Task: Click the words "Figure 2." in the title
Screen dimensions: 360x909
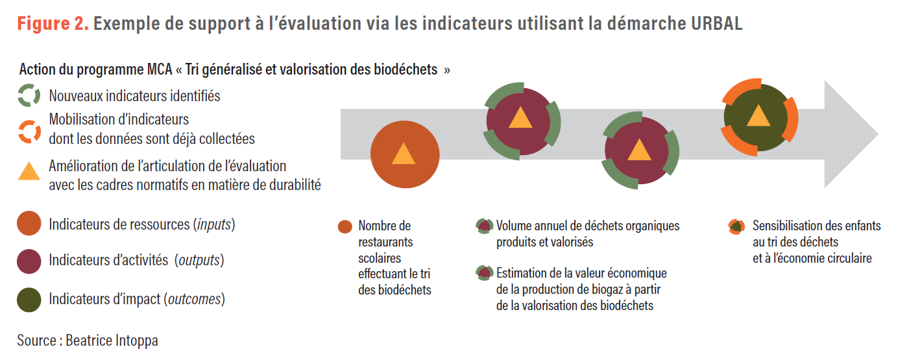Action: click(53, 24)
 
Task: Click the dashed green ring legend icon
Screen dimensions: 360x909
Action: click(29, 96)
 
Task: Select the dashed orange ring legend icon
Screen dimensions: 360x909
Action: click(29, 130)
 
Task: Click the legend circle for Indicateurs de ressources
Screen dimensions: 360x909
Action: click(29, 225)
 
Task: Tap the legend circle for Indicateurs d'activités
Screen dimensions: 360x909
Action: click(29, 261)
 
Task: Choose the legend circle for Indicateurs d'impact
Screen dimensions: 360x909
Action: click(29, 300)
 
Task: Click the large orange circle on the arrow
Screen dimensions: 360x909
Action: click(404, 154)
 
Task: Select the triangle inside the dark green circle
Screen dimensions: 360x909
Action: click(758, 117)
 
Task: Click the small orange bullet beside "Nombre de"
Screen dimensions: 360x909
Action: click(345, 226)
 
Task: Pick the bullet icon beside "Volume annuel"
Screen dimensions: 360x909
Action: click(484, 226)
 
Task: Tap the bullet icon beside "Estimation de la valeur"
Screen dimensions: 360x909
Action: click(484, 273)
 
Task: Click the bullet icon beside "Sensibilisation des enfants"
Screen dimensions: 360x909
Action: click(736, 226)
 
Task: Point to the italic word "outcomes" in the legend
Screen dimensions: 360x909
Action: click(194, 300)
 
